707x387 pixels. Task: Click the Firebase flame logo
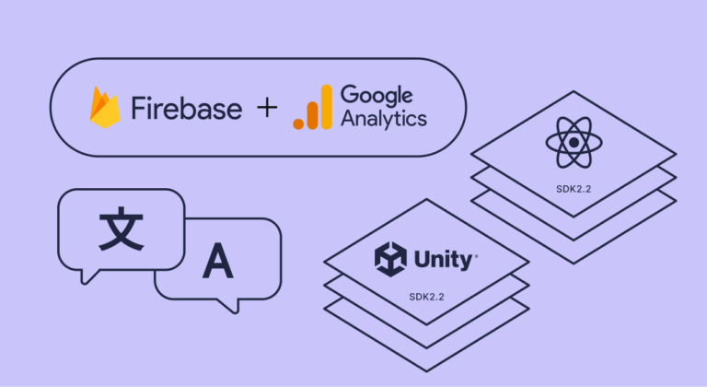[106, 109]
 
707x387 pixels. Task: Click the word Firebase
[187, 109]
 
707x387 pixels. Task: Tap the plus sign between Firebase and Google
[266, 108]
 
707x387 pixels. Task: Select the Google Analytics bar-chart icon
[312, 108]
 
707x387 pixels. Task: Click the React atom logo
[573, 144]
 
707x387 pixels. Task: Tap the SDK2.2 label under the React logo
[573, 187]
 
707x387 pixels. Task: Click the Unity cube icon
[389, 259]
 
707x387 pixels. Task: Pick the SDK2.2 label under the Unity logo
[424, 297]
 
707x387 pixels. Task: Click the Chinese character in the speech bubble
[122, 230]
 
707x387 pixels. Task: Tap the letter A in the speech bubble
[218, 263]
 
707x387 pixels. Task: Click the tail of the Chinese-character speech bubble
[88, 276]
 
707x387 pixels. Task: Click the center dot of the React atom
[573, 144]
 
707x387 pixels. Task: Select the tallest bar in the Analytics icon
[325, 105]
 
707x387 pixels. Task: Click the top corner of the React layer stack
[573, 91]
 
